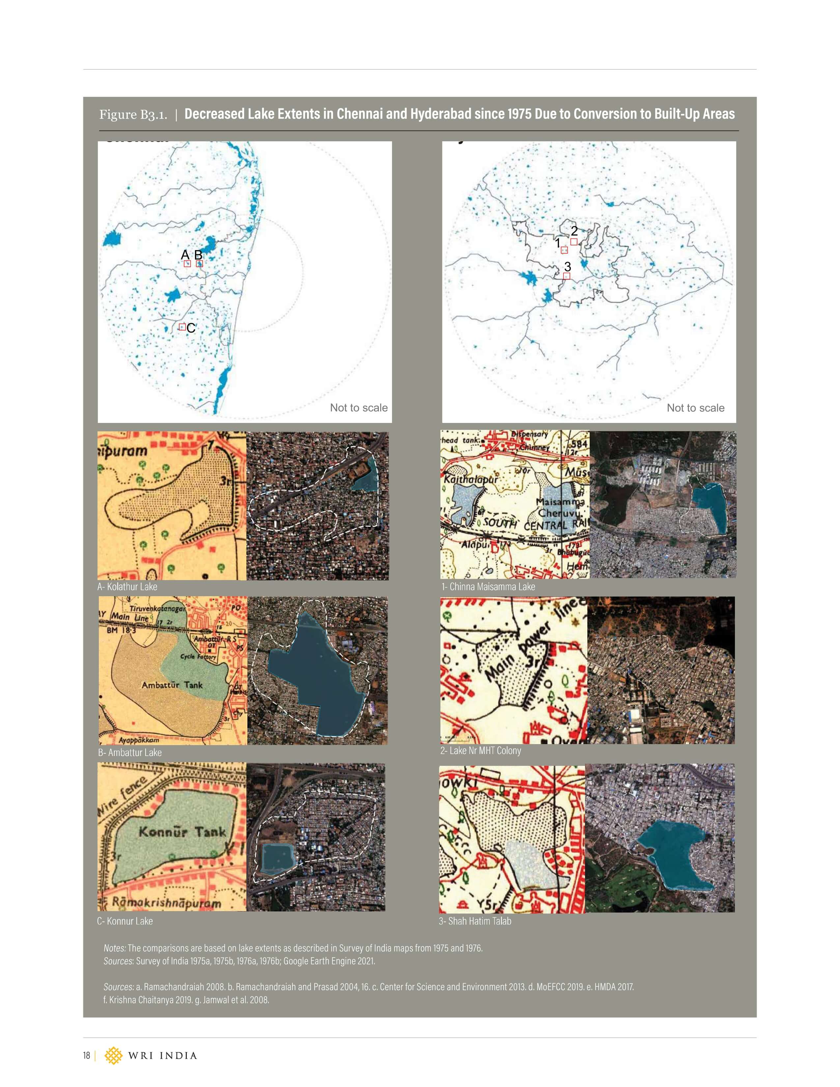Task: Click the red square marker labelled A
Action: click(187, 264)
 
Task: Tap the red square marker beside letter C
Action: click(182, 327)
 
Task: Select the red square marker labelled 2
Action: click(574, 242)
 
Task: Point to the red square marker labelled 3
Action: click(566, 276)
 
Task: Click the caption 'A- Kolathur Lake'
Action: click(127, 587)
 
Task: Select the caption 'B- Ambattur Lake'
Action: click(130, 753)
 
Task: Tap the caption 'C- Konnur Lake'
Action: click(125, 921)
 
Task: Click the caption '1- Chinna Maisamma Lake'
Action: click(488, 587)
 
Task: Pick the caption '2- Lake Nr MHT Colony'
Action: click(481, 751)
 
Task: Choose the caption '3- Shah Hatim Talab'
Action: click(475, 921)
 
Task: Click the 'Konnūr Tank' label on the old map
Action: click(182, 832)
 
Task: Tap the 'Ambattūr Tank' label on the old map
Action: click(172, 685)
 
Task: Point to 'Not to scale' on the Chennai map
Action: click(359, 408)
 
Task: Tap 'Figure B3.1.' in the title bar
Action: click(133, 115)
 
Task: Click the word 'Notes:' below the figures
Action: click(114, 948)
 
